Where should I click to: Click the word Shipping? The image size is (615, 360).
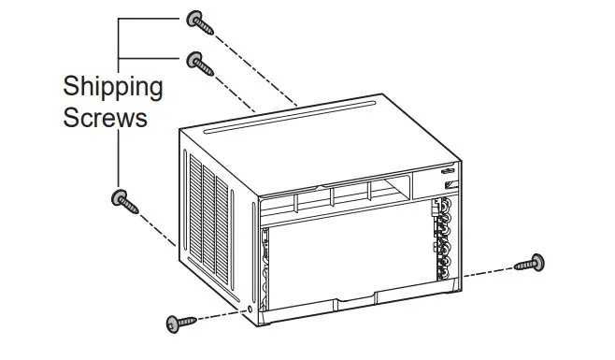pyautogui.click(x=112, y=88)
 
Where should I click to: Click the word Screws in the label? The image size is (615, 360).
pyautogui.click(x=105, y=119)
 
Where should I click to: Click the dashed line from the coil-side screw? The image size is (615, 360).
pyautogui.click(x=486, y=271)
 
